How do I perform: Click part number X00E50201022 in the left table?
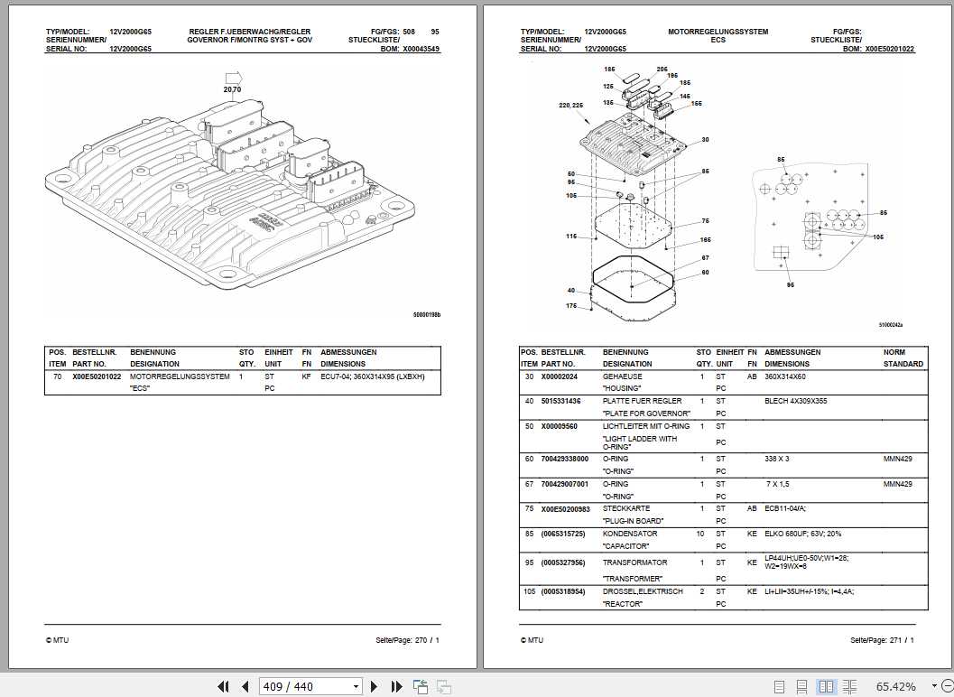[x=97, y=376]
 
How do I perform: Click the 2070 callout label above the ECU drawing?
[x=232, y=89]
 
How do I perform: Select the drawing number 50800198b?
[x=426, y=315]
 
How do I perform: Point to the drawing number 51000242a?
[x=890, y=324]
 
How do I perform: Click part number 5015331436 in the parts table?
[x=560, y=401]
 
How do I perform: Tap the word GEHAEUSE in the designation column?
[x=622, y=376]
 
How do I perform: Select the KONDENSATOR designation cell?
[x=629, y=534]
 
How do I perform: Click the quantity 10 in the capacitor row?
[x=700, y=534]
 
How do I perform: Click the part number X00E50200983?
[x=566, y=508]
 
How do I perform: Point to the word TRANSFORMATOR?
[x=634, y=562]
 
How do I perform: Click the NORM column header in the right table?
[x=894, y=352]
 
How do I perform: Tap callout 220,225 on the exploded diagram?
[x=571, y=106]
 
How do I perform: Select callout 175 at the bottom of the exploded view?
[x=571, y=306]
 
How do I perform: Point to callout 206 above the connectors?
[x=662, y=70]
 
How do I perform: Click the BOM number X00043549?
[x=421, y=49]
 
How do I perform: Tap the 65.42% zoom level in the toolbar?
[x=895, y=687]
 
